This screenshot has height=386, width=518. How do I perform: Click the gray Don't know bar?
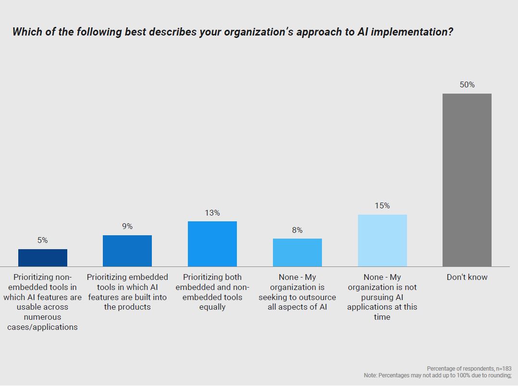[x=467, y=180]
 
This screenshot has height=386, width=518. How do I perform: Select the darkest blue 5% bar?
[x=43, y=258]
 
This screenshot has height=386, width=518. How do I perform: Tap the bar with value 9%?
[x=127, y=251]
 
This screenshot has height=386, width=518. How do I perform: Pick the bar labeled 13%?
[x=212, y=244]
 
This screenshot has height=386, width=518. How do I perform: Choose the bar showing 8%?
[x=297, y=253]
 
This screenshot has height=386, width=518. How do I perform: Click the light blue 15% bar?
[x=382, y=241]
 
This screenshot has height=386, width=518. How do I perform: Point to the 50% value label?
[x=467, y=85]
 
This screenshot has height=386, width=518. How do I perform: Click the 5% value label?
[x=43, y=241]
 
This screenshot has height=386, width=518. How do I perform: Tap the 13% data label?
[x=212, y=213]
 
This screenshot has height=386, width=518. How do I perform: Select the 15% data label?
[x=382, y=205]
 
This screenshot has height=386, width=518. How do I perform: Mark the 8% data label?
[x=297, y=230]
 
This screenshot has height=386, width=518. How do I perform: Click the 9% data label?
[x=127, y=226]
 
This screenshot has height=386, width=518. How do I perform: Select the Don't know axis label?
[x=467, y=277]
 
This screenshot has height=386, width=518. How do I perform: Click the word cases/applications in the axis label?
[x=43, y=327]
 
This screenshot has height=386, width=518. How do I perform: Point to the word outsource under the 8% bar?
[x=315, y=297]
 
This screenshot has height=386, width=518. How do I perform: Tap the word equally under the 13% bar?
[x=212, y=307]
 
